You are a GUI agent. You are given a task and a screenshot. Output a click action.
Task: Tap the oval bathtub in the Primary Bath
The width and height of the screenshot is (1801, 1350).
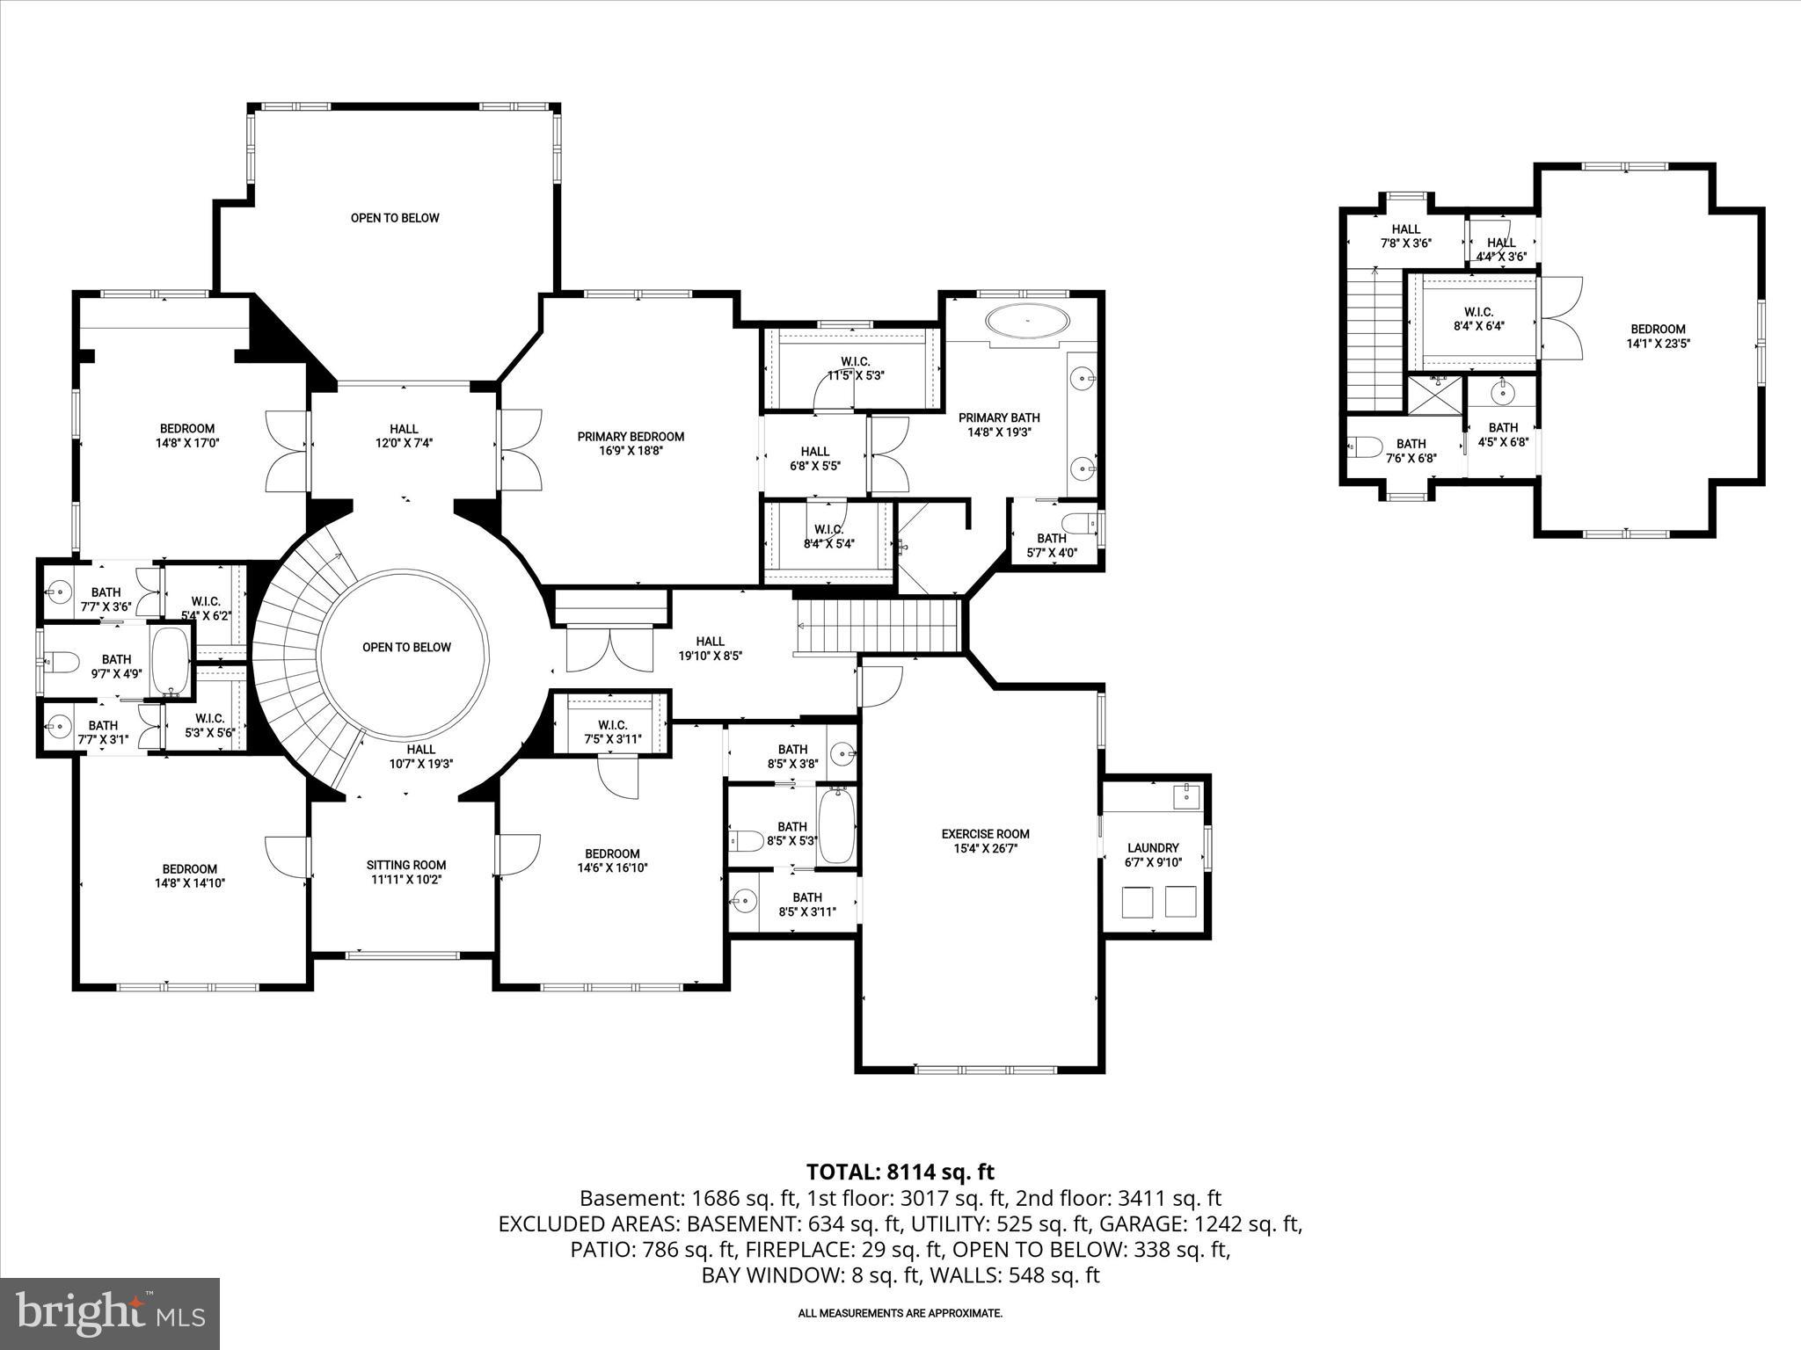pyautogui.click(x=1027, y=321)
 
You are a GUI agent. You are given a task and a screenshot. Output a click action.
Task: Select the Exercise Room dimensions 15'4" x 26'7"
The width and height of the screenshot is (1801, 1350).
pyautogui.click(x=985, y=849)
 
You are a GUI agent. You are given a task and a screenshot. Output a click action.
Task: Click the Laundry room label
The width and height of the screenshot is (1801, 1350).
pyautogui.click(x=1153, y=847)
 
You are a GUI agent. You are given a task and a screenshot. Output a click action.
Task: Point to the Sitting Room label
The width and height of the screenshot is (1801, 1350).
pyautogui.click(x=406, y=865)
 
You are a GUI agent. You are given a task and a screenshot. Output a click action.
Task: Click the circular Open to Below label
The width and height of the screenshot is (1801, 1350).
pyautogui.click(x=406, y=648)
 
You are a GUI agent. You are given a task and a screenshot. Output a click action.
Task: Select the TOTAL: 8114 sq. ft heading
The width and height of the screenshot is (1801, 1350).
pyautogui.click(x=900, y=1172)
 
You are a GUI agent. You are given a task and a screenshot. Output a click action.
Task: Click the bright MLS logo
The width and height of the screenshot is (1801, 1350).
pyautogui.click(x=110, y=1313)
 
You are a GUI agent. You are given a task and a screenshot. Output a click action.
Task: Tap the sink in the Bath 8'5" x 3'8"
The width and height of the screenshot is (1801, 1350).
pyautogui.click(x=842, y=752)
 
